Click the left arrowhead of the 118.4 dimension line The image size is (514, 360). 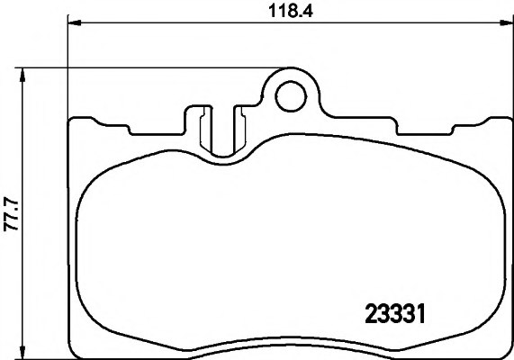73,22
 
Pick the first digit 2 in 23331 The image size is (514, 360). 369,315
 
